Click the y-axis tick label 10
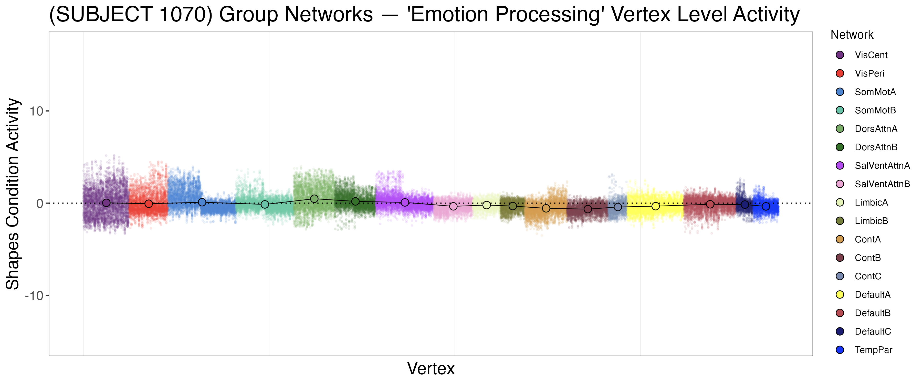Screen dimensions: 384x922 tap(36, 111)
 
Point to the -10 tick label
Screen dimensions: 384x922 tap(34, 296)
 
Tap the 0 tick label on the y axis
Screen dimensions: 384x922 tap(39, 204)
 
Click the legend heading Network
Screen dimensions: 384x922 tap(852, 35)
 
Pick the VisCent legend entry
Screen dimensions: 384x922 tap(871, 55)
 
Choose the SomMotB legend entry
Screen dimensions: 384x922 tap(875, 110)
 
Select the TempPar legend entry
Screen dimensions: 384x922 tap(873, 350)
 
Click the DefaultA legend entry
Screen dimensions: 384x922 tap(872, 295)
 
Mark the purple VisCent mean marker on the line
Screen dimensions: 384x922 tap(106, 203)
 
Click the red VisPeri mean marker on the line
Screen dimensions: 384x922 tap(149, 204)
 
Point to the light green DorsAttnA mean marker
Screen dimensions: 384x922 tap(314, 199)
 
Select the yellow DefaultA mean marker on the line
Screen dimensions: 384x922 tap(655, 206)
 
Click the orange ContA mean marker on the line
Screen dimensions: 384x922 tap(546, 208)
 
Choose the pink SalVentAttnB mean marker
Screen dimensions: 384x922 tap(453, 206)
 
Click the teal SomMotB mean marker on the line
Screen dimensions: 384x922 tap(265, 204)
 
